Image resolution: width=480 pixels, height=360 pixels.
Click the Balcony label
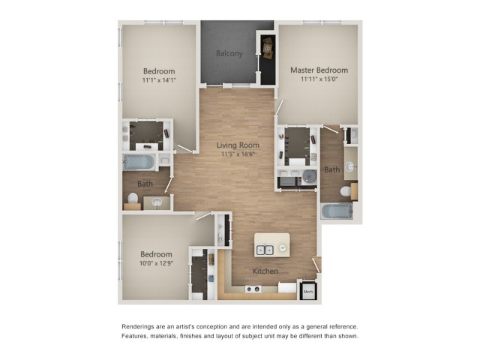(x=229, y=53)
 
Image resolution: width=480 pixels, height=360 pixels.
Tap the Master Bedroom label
(x=319, y=70)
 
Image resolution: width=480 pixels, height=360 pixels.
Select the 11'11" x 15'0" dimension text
(x=319, y=79)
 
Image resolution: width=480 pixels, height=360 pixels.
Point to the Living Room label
(x=238, y=145)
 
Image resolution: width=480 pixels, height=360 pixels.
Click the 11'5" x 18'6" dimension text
(x=238, y=154)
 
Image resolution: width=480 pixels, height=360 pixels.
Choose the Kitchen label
(x=265, y=271)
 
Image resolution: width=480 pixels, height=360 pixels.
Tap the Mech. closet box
(x=308, y=292)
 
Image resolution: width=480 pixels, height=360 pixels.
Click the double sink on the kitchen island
(x=265, y=250)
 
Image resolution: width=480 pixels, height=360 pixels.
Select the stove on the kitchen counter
(x=253, y=289)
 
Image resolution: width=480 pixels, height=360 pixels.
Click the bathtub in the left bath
(x=139, y=162)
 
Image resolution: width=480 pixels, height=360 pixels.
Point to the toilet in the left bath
(x=133, y=198)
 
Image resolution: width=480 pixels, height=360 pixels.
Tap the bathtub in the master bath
(x=337, y=211)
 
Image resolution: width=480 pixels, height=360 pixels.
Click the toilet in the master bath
(x=346, y=191)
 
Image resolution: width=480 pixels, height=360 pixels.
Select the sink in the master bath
(x=350, y=166)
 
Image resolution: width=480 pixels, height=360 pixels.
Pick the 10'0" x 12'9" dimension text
(x=157, y=263)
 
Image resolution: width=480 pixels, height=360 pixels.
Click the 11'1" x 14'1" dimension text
(x=159, y=80)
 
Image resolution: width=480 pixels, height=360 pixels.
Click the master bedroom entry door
(x=278, y=108)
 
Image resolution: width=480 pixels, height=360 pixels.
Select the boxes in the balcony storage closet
(x=268, y=48)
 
